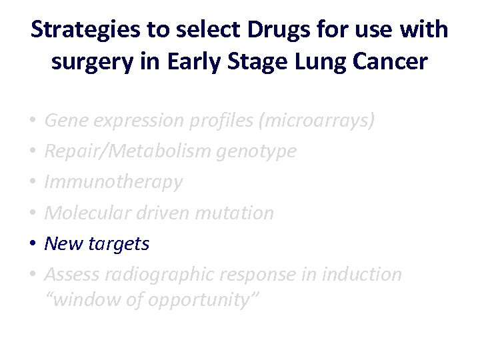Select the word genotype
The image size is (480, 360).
pos(257,151)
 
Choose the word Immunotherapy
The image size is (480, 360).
pos(113,182)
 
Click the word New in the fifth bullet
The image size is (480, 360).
pos(61,243)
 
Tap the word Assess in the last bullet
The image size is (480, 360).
pos(69,275)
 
